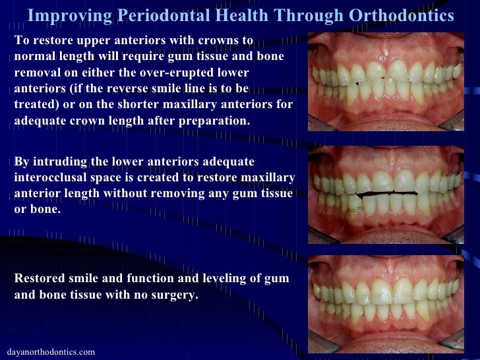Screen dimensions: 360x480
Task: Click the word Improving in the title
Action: [63, 15]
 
